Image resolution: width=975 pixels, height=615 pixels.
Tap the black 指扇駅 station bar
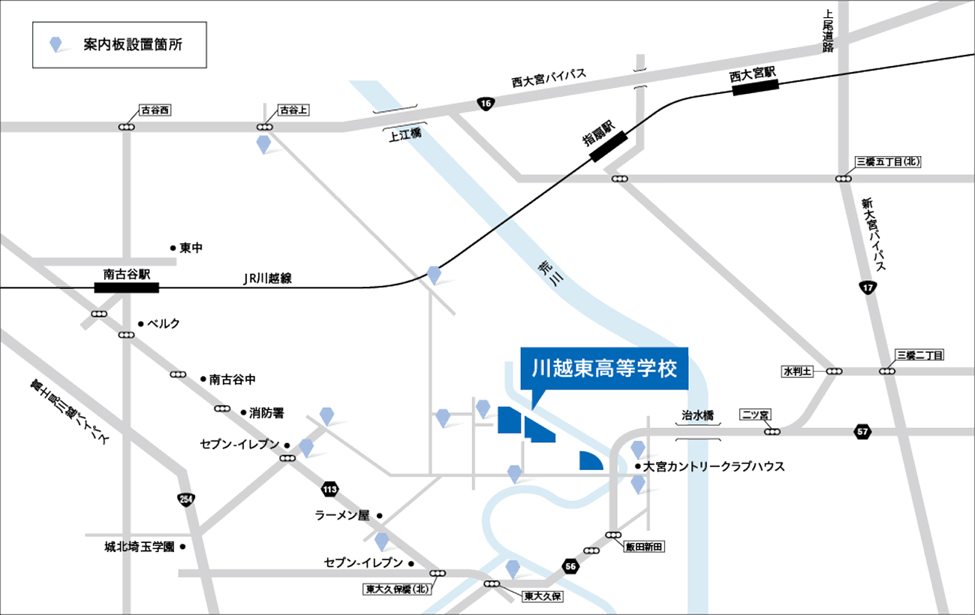point(609,146)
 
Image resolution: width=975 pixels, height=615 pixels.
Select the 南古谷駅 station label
point(126,274)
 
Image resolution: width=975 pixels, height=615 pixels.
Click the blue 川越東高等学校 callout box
point(604,369)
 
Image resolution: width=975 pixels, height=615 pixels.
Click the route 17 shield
point(868,287)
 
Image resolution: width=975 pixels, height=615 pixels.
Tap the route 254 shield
point(185,499)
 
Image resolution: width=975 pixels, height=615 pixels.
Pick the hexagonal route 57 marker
point(862,431)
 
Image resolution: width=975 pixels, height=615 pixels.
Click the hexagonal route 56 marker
point(571,565)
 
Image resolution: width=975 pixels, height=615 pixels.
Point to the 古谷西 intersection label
point(155,110)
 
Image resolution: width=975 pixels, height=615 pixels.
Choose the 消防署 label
point(267,412)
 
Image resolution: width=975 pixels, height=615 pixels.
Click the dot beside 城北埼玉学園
point(183,547)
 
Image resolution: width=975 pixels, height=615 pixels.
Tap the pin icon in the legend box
point(56,44)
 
